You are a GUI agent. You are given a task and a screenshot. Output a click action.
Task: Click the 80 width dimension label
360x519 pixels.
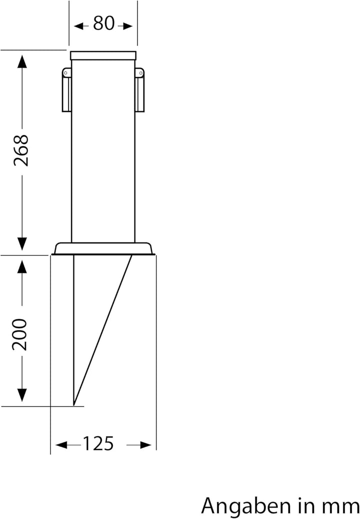[x=103, y=23]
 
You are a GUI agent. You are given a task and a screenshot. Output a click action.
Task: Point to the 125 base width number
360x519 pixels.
[x=98, y=443]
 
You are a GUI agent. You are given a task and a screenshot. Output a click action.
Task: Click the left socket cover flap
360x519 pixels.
[x=66, y=93]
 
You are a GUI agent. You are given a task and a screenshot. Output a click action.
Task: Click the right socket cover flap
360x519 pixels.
[x=139, y=93]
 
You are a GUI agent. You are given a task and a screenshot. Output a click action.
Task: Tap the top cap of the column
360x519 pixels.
[x=103, y=55]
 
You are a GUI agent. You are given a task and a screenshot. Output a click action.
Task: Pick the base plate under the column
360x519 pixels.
[x=103, y=248]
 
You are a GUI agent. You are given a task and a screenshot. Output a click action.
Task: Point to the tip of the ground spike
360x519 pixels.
[x=74, y=403]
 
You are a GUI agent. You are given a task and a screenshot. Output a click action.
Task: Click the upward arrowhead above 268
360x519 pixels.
[x=21, y=62]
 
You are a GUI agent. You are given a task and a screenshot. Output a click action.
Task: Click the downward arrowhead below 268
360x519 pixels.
[x=21, y=243]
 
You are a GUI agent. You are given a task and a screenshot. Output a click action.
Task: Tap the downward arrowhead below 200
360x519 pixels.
[x=21, y=395]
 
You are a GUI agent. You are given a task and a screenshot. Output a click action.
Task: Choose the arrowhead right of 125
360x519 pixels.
[x=145, y=444]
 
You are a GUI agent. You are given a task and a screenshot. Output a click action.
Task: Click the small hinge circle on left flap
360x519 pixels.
[x=65, y=73]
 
